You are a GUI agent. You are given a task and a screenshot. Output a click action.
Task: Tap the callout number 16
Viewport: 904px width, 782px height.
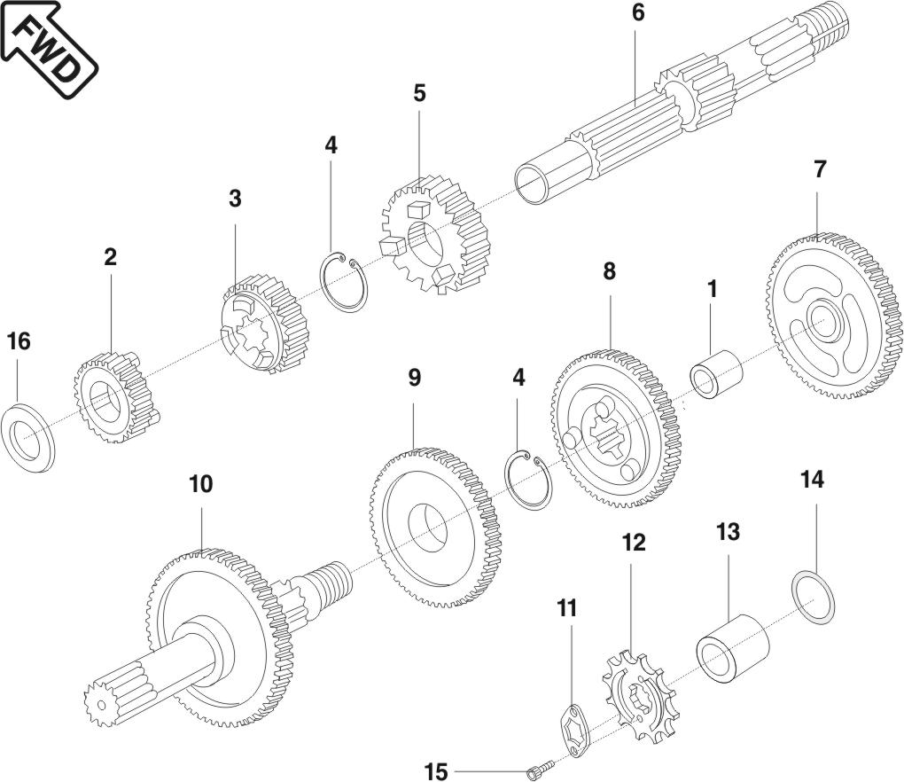pyautogui.click(x=19, y=340)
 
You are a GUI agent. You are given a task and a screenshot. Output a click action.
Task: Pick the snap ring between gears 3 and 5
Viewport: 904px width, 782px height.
pyautogui.click(x=345, y=282)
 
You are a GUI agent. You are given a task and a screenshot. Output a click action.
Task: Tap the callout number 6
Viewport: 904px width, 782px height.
pyautogui.click(x=638, y=14)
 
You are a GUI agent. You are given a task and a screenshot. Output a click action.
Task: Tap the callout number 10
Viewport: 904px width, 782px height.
pyautogui.click(x=201, y=484)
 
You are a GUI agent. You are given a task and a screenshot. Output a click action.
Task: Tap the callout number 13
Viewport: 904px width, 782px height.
pyautogui.click(x=728, y=532)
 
